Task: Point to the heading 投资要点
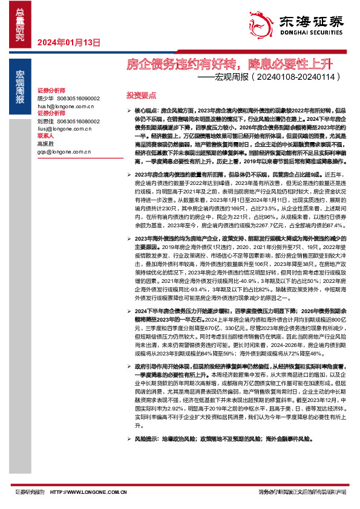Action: (141, 96)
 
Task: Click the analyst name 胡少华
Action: (45, 97)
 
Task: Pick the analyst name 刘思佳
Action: (45, 121)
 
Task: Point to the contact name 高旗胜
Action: (45, 144)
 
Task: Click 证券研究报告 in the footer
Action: (29, 491)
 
